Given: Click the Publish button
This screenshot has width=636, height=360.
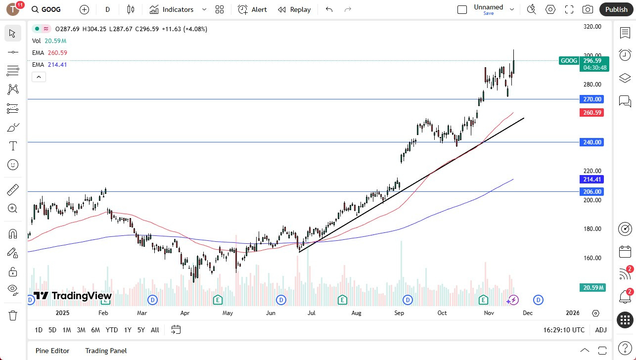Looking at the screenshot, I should click(x=616, y=9).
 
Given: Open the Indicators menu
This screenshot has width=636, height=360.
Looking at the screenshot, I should click(x=172, y=9).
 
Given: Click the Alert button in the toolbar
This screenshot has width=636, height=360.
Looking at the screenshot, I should click(x=252, y=9).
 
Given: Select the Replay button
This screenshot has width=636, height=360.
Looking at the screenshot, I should click(x=294, y=9).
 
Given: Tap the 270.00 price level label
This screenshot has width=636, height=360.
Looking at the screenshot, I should click(x=591, y=99).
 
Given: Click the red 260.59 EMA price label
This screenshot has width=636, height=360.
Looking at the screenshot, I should click(x=591, y=113).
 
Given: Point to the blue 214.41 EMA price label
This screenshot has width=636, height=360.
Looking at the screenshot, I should click(x=591, y=180).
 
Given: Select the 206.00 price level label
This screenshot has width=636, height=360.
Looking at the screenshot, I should click(x=591, y=192).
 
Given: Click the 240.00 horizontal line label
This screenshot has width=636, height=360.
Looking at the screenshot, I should click(x=591, y=142).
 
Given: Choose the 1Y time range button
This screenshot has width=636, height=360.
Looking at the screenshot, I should click(x=128, y=330).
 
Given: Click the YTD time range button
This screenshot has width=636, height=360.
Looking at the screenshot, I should click(x=112, y=330).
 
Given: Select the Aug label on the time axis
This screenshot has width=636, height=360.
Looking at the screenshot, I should click(x=356, y=313).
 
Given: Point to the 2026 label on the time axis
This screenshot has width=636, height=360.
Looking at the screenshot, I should click(x=573, y=313).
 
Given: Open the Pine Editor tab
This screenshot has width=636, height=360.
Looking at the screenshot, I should click(x=52, y=351).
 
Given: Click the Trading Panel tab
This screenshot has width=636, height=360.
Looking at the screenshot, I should click(x=106, y=351).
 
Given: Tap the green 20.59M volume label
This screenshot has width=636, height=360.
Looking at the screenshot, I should click(x=592, y=288).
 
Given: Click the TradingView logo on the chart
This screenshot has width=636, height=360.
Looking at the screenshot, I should click(x=73, y=296).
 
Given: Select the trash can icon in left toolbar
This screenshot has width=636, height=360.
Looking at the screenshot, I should click(x=13, y=315).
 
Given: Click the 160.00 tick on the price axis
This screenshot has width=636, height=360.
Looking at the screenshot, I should click(x=591, y=258).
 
